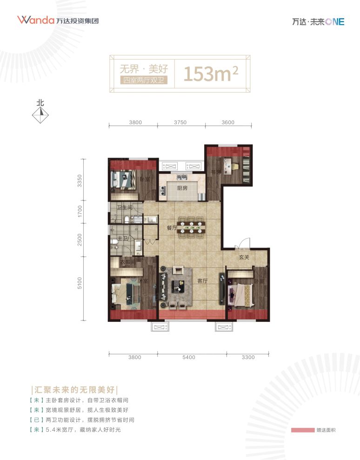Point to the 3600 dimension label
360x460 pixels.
click(x=228, y=123)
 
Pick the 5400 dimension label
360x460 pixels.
click(x=189, y=357)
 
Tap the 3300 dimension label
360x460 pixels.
click(x=248, y=357)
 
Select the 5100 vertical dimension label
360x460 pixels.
click(x=80, y=283)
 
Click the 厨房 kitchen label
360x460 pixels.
click(x=182, y=188)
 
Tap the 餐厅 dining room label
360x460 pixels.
click(x=171, y=228)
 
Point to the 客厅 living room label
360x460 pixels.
click(x=202, y=280)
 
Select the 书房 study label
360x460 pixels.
click(x=216, y=172)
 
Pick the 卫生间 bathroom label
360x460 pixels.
click(x=125, y=207)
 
